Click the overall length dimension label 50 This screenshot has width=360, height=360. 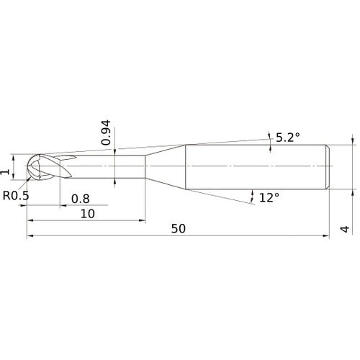[179, 228]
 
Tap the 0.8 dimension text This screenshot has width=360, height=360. [80, 199]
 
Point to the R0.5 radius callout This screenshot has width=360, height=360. [16, 195]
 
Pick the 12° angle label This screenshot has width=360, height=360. [269, 197]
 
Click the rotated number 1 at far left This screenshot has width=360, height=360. [6, 171]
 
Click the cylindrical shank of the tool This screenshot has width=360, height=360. [256, 166]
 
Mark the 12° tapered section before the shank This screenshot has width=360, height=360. [166, 166]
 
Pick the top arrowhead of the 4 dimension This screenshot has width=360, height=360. [352, 141]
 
